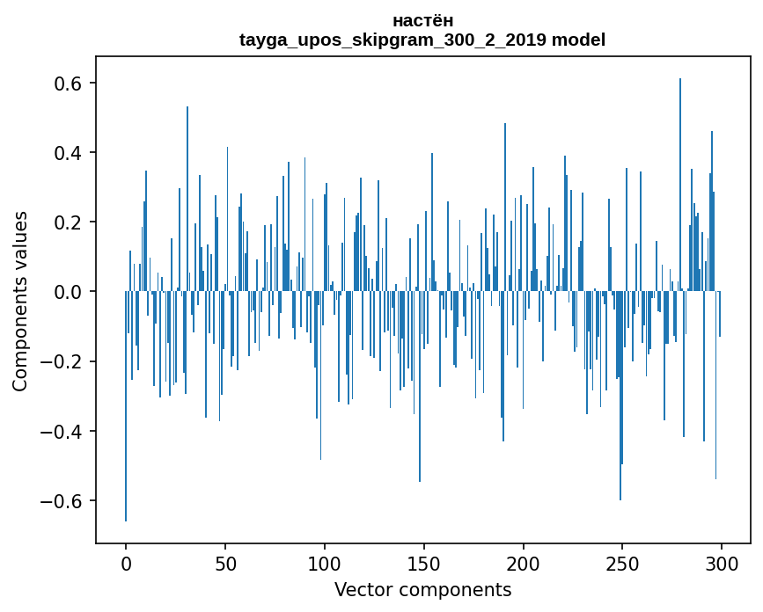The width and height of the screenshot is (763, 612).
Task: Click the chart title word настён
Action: pos(422,20)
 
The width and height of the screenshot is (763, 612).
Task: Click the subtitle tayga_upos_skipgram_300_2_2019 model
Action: pos(422,40)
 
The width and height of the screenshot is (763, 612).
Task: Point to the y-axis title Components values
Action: pos(19,301)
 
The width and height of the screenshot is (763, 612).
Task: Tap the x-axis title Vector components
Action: pos(422,589)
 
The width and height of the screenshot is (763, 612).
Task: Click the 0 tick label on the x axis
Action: pos(126,563)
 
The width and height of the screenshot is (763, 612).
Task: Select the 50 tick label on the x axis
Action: pos(225,563)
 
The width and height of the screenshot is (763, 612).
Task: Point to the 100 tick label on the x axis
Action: pos(325,563)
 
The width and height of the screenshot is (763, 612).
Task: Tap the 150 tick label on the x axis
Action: pos(423,563)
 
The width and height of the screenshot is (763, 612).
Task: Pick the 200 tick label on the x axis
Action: pos(523,563)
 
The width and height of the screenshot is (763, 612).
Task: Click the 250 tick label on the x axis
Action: pos(622,563)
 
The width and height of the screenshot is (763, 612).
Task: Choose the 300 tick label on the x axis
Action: pos(722,563)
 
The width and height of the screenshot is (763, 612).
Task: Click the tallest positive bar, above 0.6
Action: pos(680,176)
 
